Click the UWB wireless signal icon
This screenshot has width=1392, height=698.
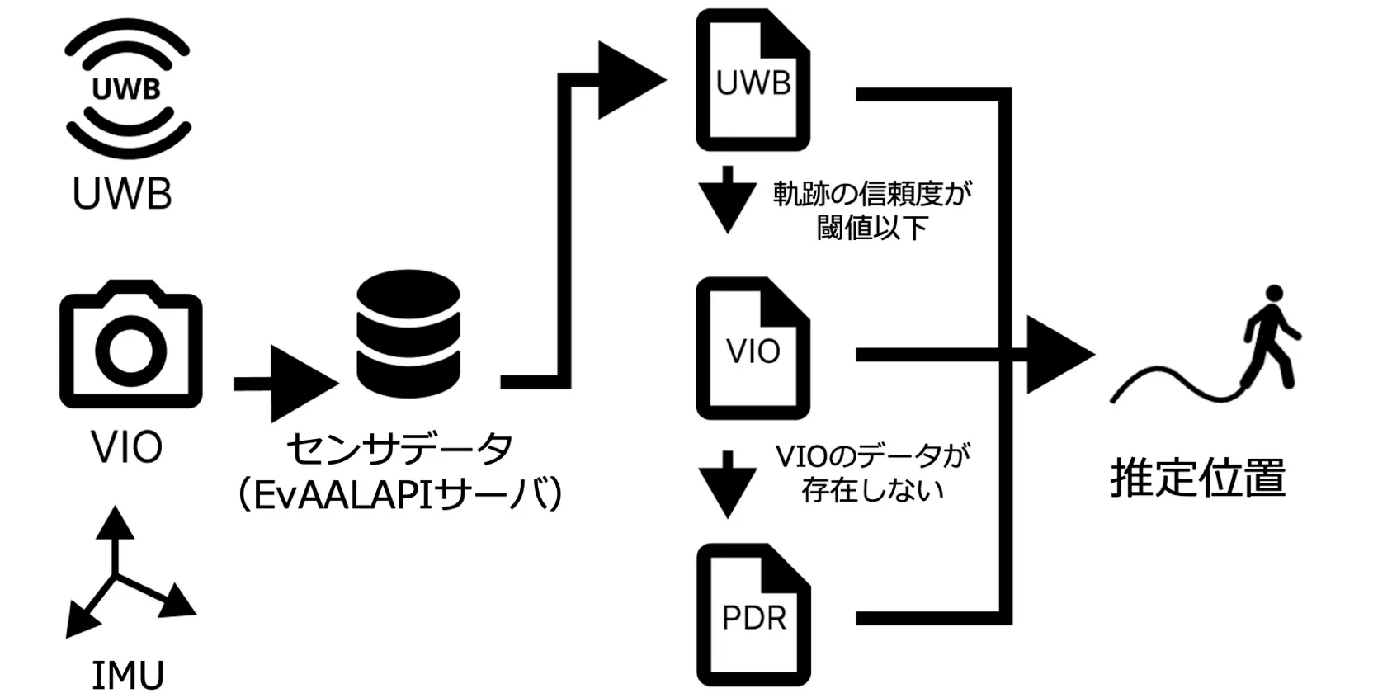pos(127,87)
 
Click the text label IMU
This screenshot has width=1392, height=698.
pos(127,676)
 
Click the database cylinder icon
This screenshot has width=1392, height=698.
pos(408,332)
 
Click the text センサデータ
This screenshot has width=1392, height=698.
pos(399,450)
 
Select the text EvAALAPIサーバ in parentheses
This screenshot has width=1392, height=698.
pos(399,495)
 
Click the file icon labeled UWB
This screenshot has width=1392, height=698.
pos(752,81)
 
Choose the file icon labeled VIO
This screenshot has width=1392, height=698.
pos(752,349)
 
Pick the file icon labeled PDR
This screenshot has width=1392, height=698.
pos(752,615)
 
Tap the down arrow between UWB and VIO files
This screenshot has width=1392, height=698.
pos(727,200)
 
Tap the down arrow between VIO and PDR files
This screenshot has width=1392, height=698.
pos(727,484)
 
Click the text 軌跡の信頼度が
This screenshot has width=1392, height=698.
pos(871,194)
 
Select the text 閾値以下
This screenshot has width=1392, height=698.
pos(871,229)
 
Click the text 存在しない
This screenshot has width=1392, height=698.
pos(871,490)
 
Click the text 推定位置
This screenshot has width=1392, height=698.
pos(1197,479)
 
